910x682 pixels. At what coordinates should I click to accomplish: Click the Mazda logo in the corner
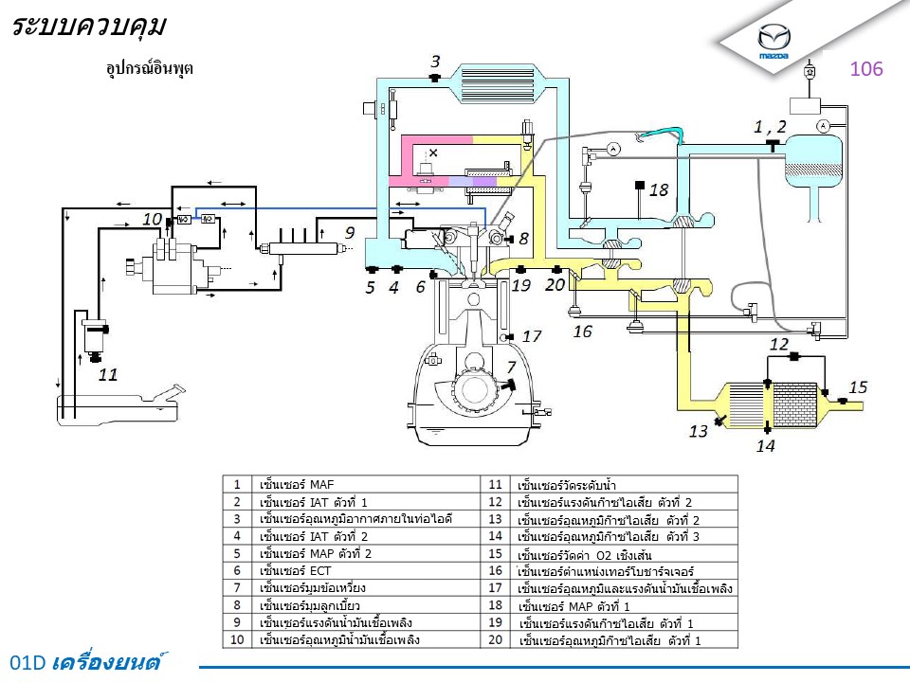click(x=773, y=41)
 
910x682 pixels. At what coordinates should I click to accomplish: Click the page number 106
click(x=866, y=68)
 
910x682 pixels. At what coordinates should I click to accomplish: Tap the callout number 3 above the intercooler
click(x=435, y=63)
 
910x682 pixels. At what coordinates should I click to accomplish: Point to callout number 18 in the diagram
click(x=659, y=189)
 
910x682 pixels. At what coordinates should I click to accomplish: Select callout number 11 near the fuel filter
click(x=109, y=374)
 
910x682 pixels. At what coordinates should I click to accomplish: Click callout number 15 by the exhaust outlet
click(x=858, y=386)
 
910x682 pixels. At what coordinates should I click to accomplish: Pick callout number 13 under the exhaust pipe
click(x=699, y=431)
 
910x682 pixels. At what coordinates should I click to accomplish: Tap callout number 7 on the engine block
click(x=511, y=367)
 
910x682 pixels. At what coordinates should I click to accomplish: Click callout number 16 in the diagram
click(x=582, y=331)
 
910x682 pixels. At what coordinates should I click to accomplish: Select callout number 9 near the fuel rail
click(x=349, y=231)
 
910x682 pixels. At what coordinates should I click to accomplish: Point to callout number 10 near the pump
click(x=153, y=218)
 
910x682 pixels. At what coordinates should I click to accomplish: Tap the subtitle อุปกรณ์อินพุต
click(x=150, y=68)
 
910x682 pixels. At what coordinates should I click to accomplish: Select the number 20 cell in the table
click(x=496, y=639)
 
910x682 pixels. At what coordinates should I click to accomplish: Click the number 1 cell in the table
click(x=236, y=484)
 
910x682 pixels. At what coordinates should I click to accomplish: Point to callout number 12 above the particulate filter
click(x=779, y=344)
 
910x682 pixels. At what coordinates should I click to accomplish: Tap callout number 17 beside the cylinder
click(x=532, y=335)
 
